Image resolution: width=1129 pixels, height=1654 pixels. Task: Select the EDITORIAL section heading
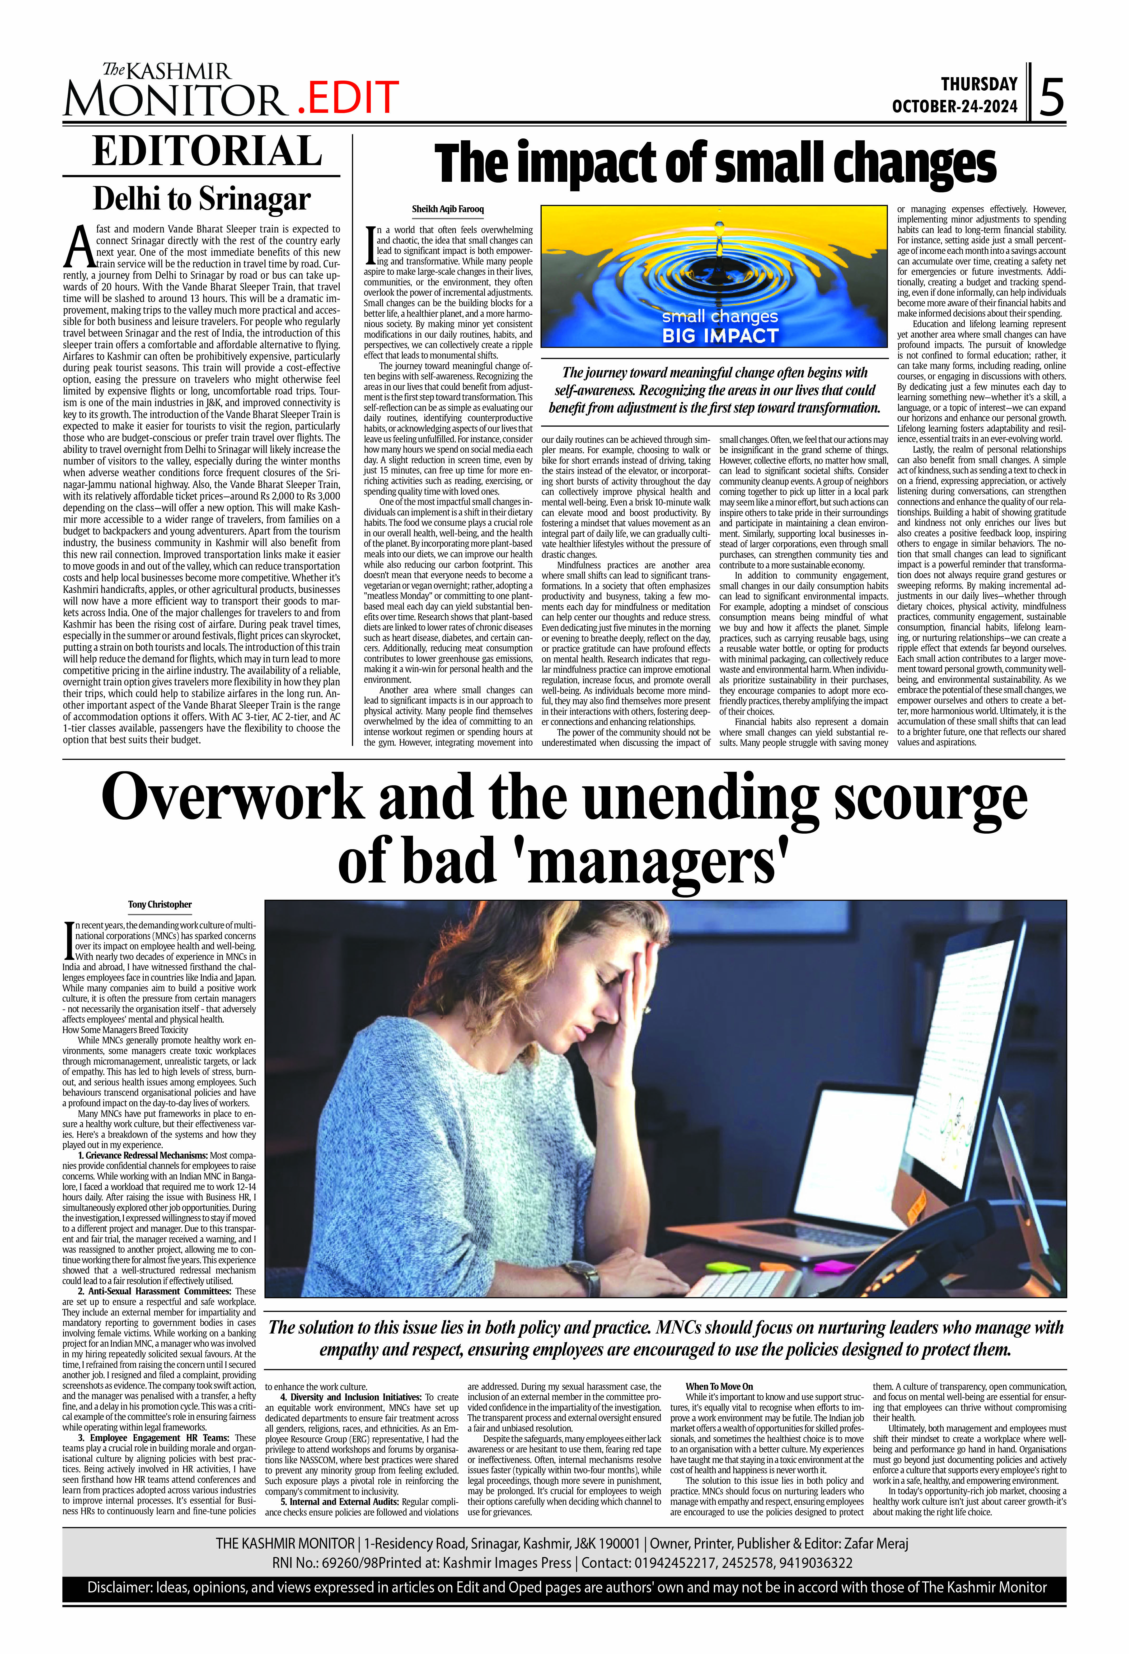pyautogui.click(x=207, y=152)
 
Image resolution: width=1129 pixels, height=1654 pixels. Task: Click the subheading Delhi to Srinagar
pyautogui.click(x=202, y=199)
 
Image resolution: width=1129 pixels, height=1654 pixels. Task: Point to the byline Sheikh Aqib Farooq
pyautogui.click(x=447, y=209)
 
